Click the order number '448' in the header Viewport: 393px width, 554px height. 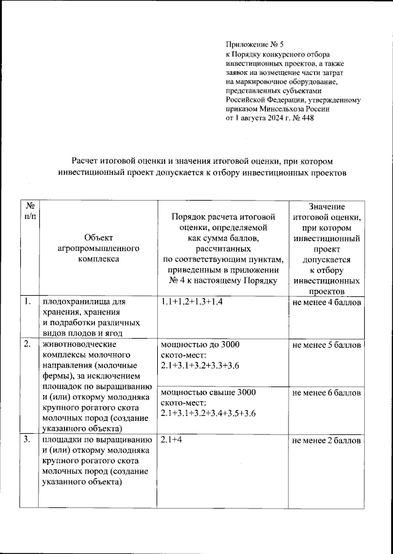[x=305, y=118]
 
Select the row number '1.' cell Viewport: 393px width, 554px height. [x=28, y=302]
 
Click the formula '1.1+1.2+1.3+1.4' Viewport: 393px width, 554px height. [x=191, y=302]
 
